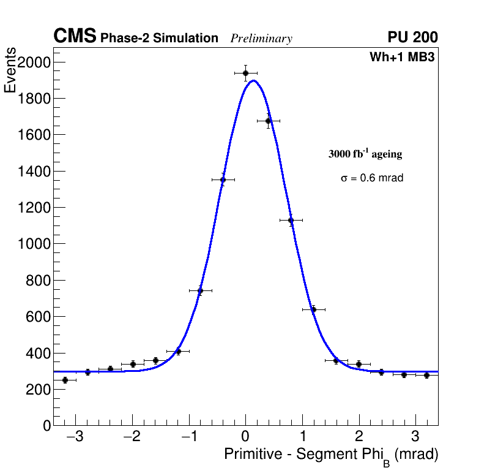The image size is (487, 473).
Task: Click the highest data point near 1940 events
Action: (245, 73)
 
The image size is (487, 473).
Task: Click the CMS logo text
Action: (75, 37)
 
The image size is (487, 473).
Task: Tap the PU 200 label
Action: (412, 37)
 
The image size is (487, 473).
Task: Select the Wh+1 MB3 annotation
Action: (401, 58)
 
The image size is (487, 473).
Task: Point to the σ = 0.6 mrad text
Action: (372, 178)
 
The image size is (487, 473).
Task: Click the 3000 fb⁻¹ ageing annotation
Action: (365, 154)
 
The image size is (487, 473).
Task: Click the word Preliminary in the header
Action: (261, 39)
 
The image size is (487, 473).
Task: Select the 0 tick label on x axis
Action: (245, 437)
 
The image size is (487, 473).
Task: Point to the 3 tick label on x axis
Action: (415, 437)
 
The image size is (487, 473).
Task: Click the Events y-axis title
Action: (10, 71)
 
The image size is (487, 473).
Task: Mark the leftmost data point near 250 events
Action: (65, 380)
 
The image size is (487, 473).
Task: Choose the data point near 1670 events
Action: (268, 121)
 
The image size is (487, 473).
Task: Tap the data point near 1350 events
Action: (223, 180)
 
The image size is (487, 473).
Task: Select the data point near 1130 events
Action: (291, 220)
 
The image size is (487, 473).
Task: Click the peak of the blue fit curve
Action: (253, 81)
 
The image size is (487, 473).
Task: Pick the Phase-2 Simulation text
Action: (159, 38)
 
